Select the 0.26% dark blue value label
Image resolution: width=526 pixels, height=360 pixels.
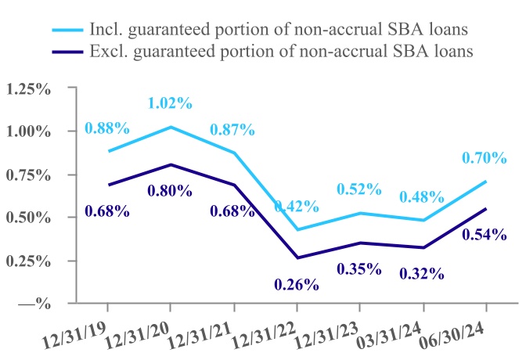point(297,284)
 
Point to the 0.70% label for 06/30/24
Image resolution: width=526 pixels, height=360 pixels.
point(485,158)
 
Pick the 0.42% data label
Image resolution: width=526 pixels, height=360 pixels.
point(297,207)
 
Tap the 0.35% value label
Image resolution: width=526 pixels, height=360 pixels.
point(359,269)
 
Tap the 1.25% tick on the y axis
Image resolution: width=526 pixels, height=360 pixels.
point(27,88)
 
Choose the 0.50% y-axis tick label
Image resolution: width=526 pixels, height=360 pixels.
point(27,218)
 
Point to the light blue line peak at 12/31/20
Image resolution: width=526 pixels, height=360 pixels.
point(171,127)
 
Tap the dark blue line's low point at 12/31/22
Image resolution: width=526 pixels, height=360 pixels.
point(297,257)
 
